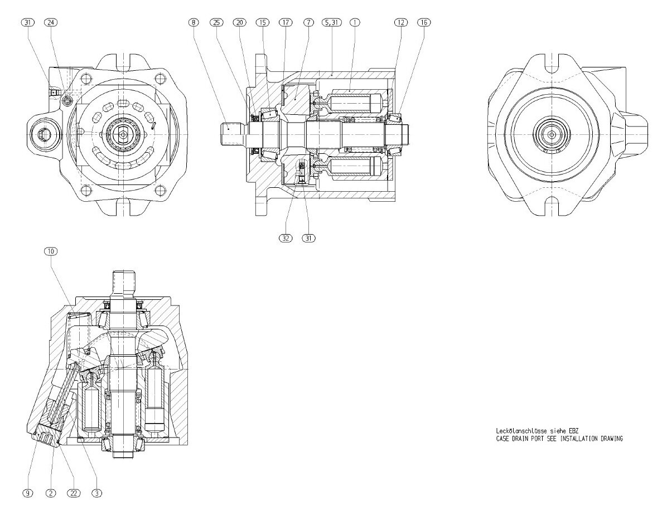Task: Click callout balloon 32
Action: pyautogui.click(x=285, y=237)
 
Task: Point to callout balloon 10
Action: pyautogui.click(x=50, y=251)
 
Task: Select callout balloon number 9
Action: pyautogui.click(x=27, y=493)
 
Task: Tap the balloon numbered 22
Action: pyautogui.click(x=73, y=493)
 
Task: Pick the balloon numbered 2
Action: pyautogui.click(x=50, y=493)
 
